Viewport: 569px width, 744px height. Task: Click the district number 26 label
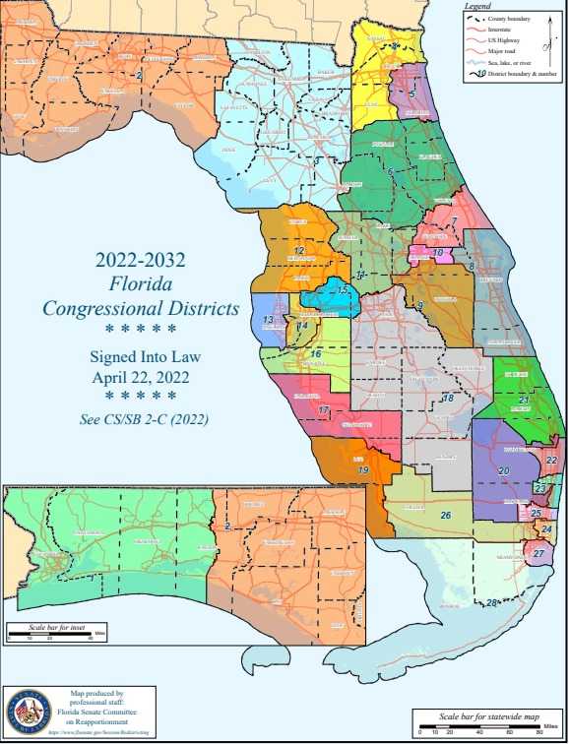(x=446, y=515)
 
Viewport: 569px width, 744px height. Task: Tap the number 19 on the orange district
(x=363, y=471)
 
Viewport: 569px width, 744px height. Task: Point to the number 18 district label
(x=448, y=398)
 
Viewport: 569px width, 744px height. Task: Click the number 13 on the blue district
(x=269, y=320)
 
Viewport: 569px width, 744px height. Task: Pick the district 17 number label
(x=324, y=409)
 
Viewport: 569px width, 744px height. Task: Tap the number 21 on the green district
(x=525, y=402)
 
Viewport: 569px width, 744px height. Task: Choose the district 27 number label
(x=538, y=554)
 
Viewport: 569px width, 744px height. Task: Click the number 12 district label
(x=300, y=251)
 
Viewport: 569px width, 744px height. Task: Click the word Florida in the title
(x=141, y=285)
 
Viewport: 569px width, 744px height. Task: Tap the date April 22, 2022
(x=141, y=376)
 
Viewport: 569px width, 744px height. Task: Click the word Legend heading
(x=477, y=7)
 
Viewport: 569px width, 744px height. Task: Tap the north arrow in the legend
(x=544, y=36)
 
